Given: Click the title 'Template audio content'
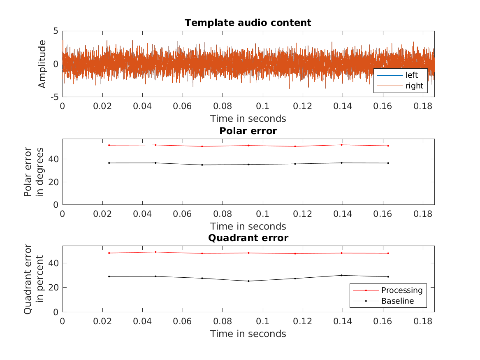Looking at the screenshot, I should coord(248,23).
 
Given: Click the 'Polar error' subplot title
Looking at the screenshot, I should coord(248,131).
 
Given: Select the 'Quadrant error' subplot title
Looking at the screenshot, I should coord(248,238).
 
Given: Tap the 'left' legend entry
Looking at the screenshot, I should coord(411,75).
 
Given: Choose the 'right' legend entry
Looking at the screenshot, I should coord(414,86).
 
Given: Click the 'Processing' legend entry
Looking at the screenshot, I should coord(401,290).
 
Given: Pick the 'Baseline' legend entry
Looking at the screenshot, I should coord(397,301).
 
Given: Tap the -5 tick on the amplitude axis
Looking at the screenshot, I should coord(54,97).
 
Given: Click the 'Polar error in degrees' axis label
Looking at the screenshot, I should coord(33,172).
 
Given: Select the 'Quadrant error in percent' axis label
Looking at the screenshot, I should coord(33,279).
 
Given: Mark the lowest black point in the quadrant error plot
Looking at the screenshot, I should coord(248,281).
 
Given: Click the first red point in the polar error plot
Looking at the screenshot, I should coord(109,145).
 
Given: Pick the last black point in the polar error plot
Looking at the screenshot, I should coord(388,163).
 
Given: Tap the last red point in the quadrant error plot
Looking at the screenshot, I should coord(388,253).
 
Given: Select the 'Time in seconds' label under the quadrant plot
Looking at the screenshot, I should coord(248,334).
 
